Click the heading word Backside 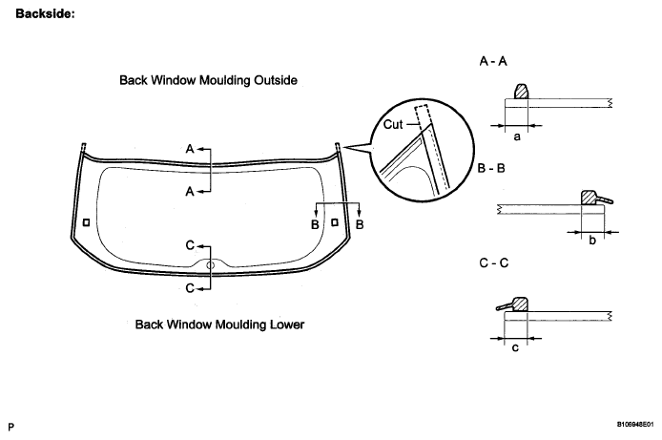click(x=39, y=15)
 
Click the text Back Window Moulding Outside click(x=209, y=81)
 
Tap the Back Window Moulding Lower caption click(x=219, y=325)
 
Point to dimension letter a click(x=516, y=137)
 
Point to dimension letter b click(x=591, y=241)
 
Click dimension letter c click(x=515, y=347)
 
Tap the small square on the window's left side click(x=87, y=223)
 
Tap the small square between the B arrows click(x=335, y=221)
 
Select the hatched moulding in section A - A click(x=522, y=93)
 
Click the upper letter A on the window click(x=190, y=150)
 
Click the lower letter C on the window click(x=190, y=286)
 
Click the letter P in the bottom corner click(x=10, y=425)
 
